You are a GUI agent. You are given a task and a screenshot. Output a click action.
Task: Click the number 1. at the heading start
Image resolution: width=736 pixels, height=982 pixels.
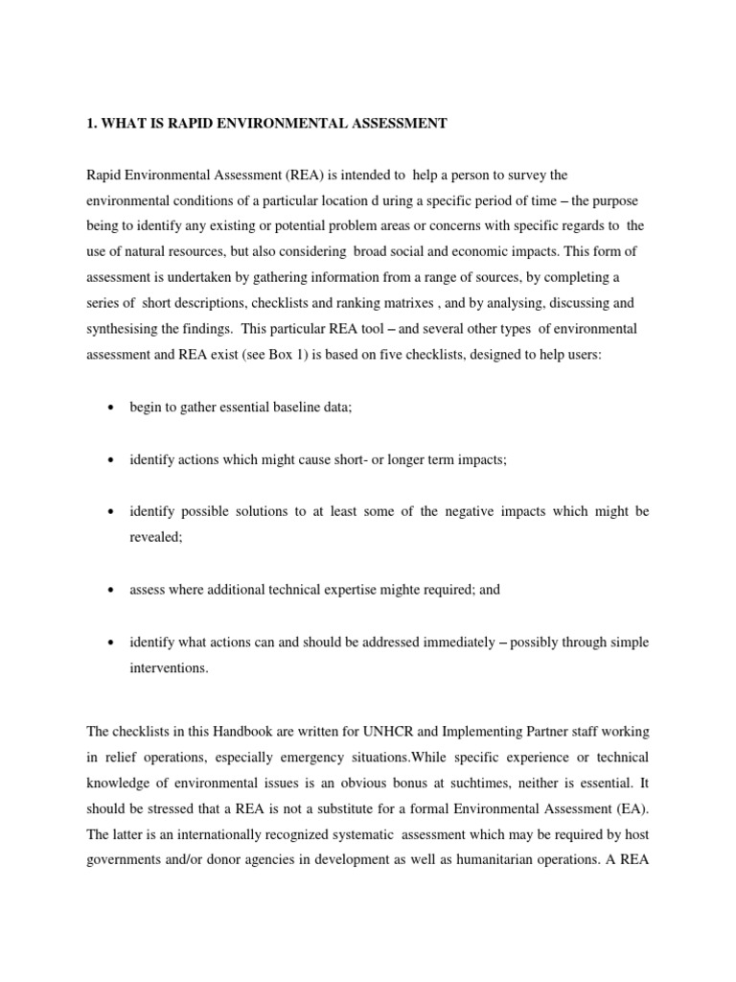pos(92,123)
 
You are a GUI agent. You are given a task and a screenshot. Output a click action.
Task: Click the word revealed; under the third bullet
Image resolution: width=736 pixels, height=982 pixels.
pos(156,537)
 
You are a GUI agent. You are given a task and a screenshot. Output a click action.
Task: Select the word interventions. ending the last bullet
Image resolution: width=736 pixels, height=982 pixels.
pos(169,667)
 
